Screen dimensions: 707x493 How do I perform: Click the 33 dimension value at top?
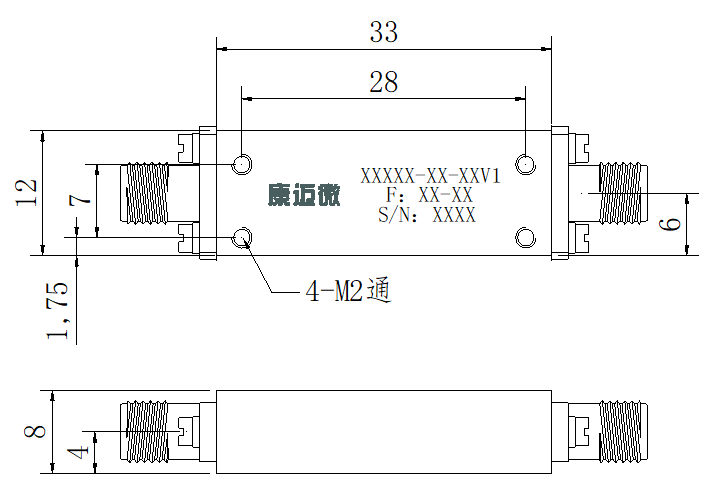[384, 32]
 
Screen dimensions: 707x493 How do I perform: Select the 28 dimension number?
[384, 82]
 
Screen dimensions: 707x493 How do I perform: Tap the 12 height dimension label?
[26, 193]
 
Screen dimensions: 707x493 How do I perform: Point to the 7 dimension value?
[80, 200]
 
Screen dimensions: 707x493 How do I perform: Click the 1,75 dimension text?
[58, 311]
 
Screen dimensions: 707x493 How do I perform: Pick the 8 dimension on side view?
[35, 431]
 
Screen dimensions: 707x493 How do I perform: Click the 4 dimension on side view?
[78, 452]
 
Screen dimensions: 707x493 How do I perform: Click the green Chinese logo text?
[304, 195]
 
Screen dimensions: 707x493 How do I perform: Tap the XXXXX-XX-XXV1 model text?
[431, 175]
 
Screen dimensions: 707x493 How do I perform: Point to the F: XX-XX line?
[429, 195]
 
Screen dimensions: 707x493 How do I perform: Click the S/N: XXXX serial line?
[427, 215]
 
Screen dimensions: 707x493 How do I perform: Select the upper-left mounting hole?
[242, 164]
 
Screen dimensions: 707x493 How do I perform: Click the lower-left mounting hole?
[242, 238]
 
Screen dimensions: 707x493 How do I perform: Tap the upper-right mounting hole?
[525, 164]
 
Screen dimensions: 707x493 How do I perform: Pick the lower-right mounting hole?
[525, 238]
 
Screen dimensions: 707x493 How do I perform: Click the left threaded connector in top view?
[145, 193]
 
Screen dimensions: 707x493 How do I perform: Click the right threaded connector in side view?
[624, 432]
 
